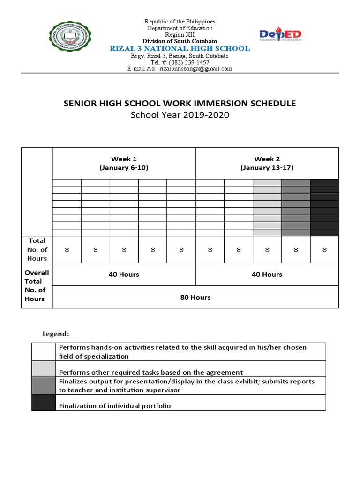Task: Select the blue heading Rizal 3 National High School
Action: click(180, 49)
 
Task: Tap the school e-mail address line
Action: click(180, 69)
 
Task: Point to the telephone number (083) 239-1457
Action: click(180, 62)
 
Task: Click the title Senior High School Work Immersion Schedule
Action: click(180, 104)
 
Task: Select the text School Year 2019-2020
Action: click(180, 115)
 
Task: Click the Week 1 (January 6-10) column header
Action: click(124, 163)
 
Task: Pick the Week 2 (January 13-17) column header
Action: click(267, 163)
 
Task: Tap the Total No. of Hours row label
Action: click(37, 249)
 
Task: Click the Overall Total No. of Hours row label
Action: click(37, 285)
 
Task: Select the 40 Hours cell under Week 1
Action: click(124, 274)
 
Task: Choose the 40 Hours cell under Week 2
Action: click(267, 274)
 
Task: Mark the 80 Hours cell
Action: click(195, 297)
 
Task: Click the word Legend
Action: click(56, 334)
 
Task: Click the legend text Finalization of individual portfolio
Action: click(114, 406)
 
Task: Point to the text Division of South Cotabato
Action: click(180, 42)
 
